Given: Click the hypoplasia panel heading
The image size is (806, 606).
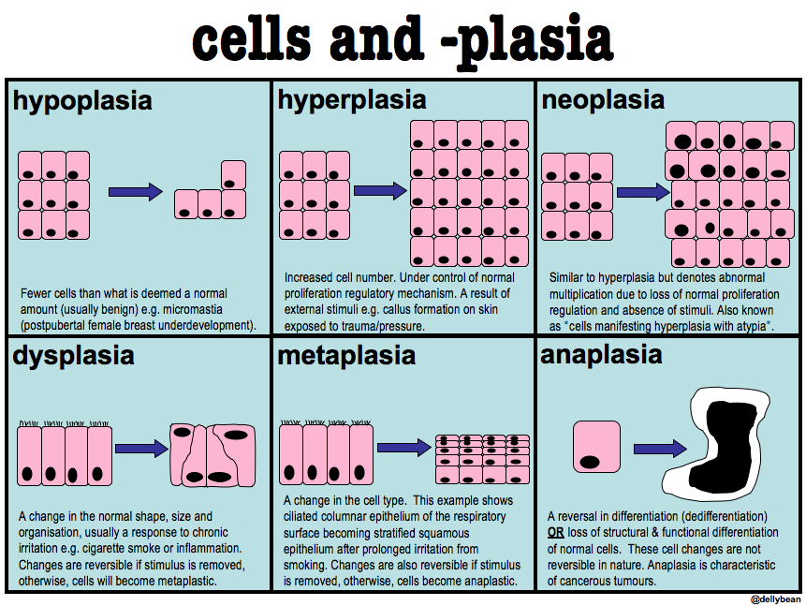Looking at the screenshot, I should pyautogui.click(x=81, y=100).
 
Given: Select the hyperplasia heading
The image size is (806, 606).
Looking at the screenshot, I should pyautogui.click(x=351, y=100).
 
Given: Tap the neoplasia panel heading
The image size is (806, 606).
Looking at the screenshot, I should pyautogui.click(x=603, y=100).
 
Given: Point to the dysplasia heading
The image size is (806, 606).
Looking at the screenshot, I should pyautogui.click(x=74, y=356).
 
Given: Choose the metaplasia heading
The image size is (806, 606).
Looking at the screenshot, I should pyautogui.click(x=346, y=356).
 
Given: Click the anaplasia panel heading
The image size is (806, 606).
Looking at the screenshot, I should pyautogui.click(x=601, y=356).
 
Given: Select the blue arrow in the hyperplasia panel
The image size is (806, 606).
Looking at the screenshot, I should pyautogui.click(x=378, y=190).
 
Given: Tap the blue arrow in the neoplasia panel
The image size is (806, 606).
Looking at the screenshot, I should pyautogui.click(x=642, y=192).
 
